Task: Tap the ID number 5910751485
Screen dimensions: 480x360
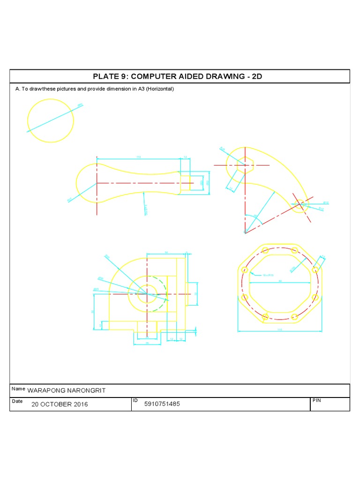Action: point(162,404)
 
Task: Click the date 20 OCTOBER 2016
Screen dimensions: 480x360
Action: point(60,405)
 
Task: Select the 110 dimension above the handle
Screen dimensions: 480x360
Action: point(138,157)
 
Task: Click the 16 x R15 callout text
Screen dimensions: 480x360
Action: point(268,275)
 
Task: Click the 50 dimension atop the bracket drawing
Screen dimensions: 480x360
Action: point(166,253)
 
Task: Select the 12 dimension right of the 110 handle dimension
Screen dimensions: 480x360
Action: point(185,157)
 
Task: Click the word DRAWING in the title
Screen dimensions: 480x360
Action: point(227,77)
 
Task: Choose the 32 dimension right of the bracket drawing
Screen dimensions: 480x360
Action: point(195,294)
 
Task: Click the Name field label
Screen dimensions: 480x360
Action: point(18,389)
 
